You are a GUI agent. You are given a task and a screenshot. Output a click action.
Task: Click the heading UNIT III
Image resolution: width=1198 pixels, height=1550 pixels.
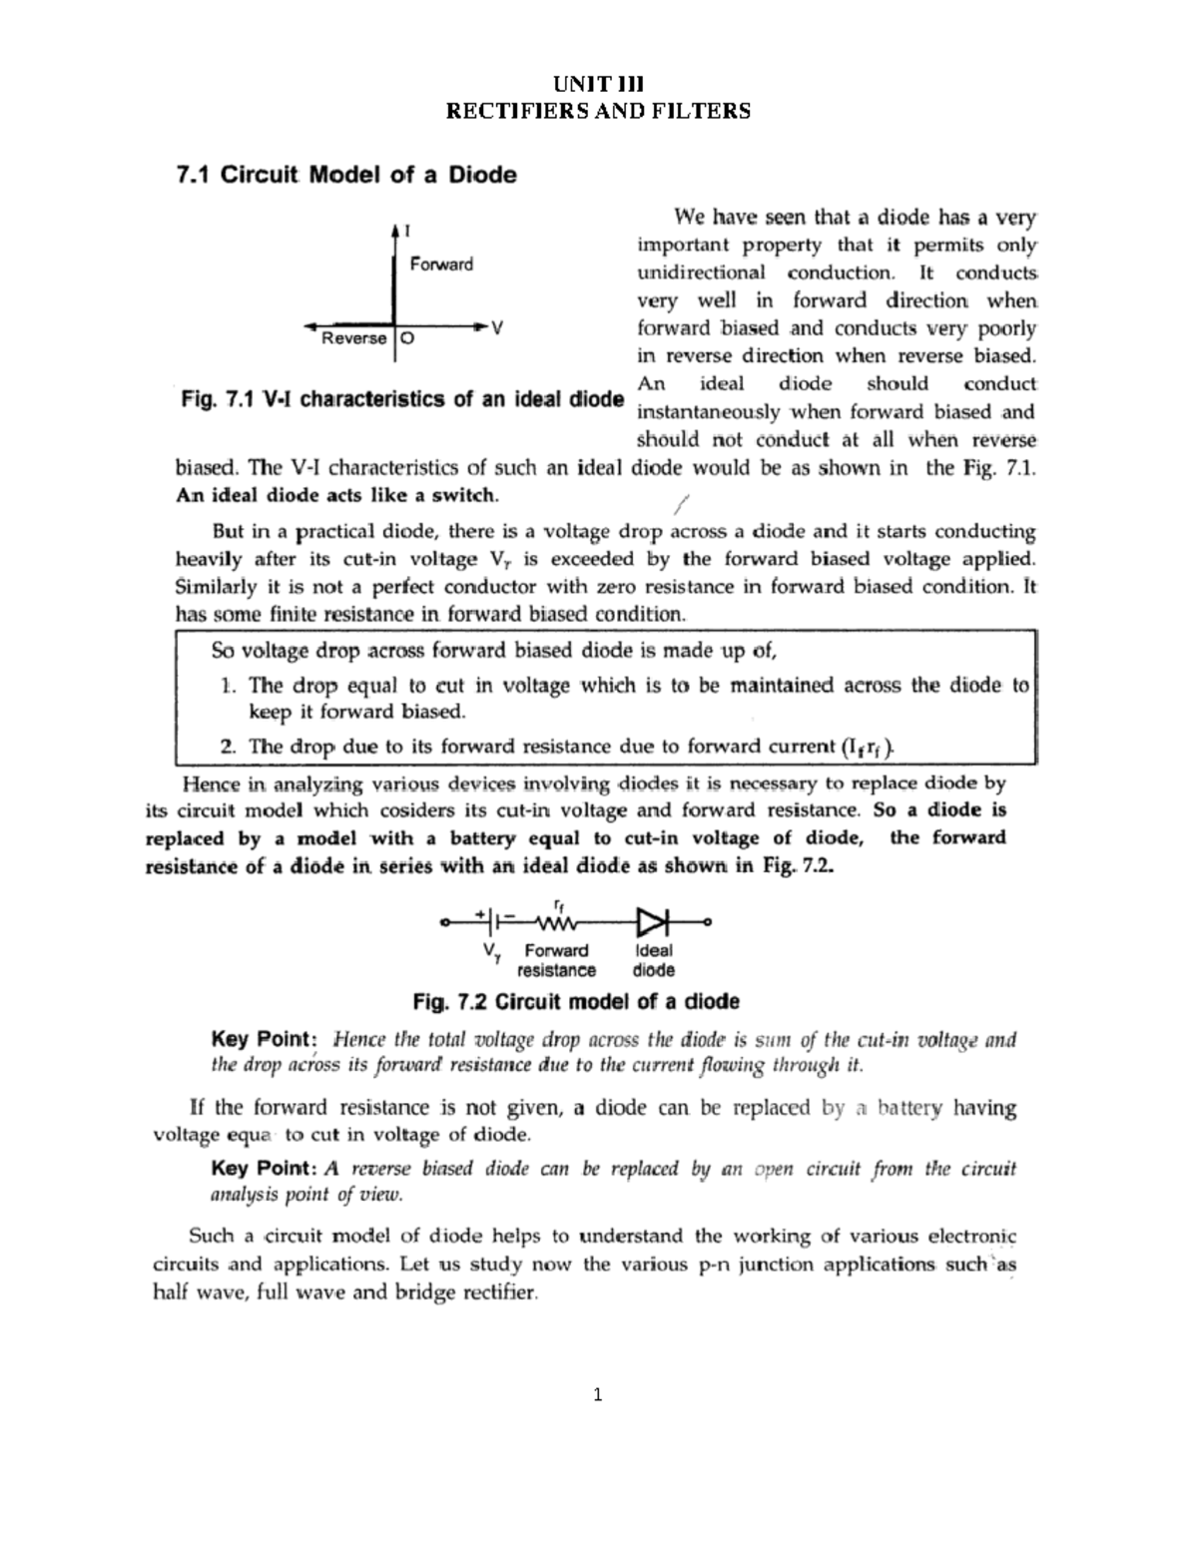599,84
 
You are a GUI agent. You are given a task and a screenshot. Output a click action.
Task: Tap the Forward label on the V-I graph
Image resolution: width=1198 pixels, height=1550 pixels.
441,264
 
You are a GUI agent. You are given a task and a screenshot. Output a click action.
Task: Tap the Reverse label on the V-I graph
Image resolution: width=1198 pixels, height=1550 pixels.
353,338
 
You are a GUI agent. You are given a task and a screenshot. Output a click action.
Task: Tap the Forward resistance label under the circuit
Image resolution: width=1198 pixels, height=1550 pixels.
556,960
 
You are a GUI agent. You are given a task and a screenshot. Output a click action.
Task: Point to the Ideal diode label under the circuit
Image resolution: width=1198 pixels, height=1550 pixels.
654,960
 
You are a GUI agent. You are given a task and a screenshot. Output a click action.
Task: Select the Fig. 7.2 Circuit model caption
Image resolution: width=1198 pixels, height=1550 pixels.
576,1001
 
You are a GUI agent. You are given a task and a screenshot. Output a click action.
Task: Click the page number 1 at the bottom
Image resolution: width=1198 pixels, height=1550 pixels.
598,1394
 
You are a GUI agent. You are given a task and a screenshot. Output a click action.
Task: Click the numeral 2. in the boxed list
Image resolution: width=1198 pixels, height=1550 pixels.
228,746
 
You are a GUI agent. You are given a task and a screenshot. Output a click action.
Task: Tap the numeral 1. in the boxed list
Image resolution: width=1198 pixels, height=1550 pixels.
228,686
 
